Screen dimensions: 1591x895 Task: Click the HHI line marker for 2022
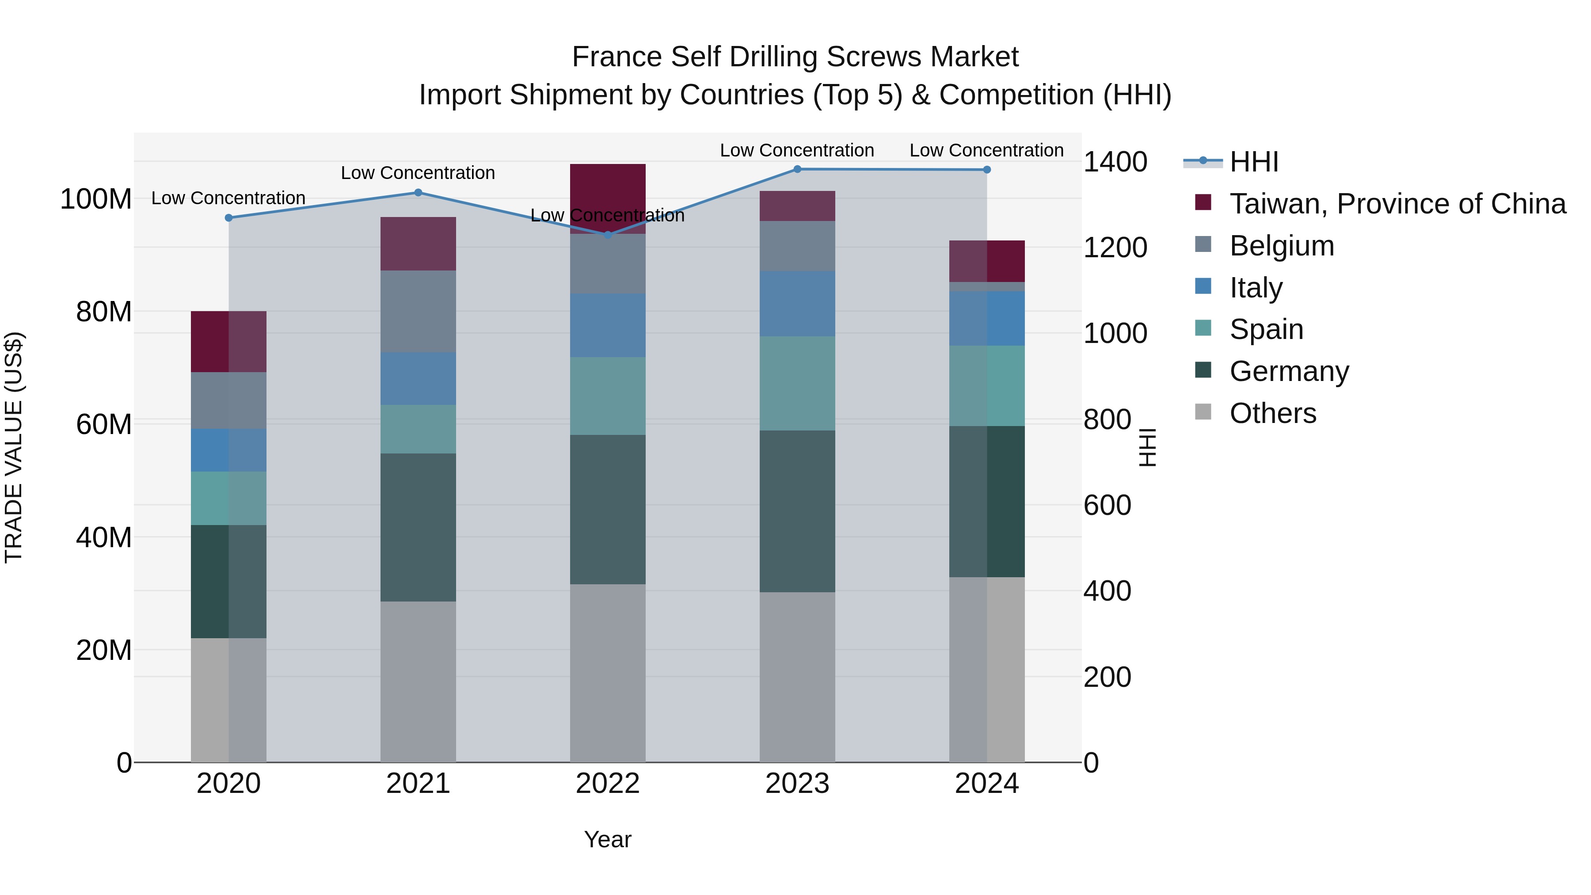point(607,235)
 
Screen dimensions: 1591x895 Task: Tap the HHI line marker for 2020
point(228,217)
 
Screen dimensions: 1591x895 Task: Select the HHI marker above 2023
point(797,169)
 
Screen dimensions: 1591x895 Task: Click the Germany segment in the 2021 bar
point(418,527)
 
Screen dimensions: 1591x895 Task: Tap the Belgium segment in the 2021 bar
point(418,311)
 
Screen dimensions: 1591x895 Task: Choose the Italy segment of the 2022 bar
point(607,325)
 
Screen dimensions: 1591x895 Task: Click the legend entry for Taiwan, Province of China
point(1397,203)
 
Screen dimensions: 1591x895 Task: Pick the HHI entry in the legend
point(1253,162)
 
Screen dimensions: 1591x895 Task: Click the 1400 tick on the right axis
point(1115,162)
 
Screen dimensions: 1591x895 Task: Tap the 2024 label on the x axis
point(986,783)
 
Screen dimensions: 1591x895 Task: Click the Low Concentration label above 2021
point(418,173)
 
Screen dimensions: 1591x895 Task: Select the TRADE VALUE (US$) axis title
point(14,447)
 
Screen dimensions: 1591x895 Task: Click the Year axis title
point(607,839)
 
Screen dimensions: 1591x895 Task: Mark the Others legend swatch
point(1203,412)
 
